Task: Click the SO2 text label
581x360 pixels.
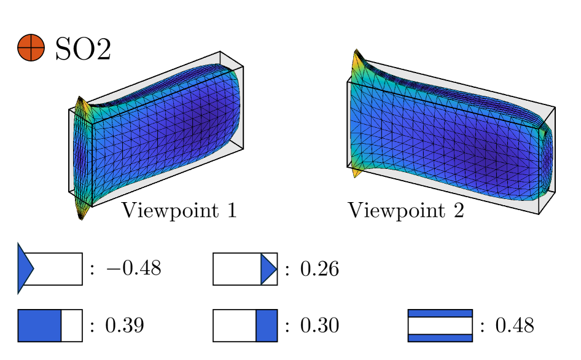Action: tap(83, 49)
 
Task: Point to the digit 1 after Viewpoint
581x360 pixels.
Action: tap(231, 210)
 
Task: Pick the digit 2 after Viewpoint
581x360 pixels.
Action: tap(458, 210)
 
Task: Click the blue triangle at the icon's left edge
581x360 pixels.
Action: tap(25, 268)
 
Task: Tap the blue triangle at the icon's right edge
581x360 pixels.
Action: tap(268, 269)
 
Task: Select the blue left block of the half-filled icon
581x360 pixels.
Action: tap(39, 325)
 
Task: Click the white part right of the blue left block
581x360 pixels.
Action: tap(72, 325)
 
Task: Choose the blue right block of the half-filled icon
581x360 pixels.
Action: tap(267, 325)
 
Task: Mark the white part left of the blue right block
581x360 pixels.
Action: tap(235, 325)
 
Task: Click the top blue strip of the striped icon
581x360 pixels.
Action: tap(440, 313)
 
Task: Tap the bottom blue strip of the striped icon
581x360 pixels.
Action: tap(440, 337)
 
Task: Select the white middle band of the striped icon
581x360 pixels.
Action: tap(440, 325)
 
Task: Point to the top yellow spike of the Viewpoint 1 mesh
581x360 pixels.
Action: tap(80, 101)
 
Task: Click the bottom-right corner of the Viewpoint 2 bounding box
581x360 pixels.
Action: tap(539, 214)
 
